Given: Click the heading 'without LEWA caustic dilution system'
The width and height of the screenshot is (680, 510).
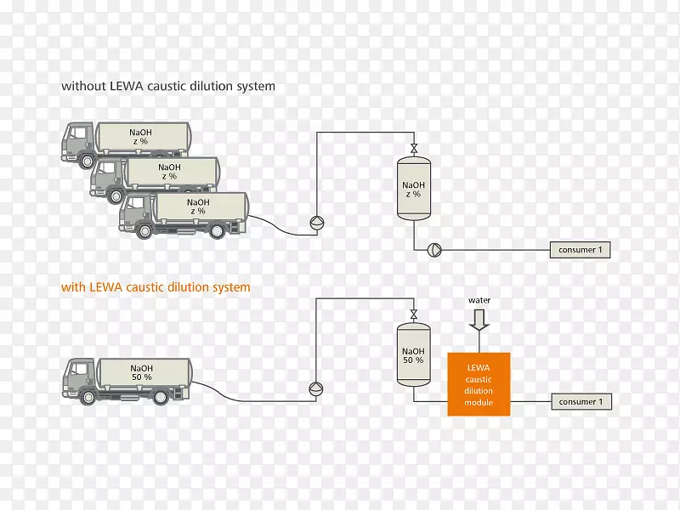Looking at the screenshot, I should tap(167, 86).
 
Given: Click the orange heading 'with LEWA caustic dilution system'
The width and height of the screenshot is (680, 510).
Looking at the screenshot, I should tap(156, 287).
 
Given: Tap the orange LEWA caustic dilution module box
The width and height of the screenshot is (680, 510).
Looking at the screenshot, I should tap(479, 384).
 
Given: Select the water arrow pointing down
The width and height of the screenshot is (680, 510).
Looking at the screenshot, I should tap(479, 319).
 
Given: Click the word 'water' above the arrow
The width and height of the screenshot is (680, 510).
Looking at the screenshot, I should tap(479, 300).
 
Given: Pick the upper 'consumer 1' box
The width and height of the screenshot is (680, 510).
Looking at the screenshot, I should tap(580, 250).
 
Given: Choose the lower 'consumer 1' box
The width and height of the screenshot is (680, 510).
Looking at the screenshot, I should tap(580, 401).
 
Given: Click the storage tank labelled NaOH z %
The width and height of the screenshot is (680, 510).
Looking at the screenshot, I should tap(413, 189).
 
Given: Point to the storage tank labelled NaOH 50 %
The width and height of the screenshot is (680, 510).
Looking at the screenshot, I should tap(413, 355).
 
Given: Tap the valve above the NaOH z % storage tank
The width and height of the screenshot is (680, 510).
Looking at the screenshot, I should tap(413, 148).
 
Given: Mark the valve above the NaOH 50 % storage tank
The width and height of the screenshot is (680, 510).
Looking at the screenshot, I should tap(413, 314).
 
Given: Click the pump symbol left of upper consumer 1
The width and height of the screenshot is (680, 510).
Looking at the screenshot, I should tap(434, 250).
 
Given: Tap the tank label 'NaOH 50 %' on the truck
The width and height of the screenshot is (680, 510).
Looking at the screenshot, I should tap(141, 371).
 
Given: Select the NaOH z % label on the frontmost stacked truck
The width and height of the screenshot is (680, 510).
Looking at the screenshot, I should tap(198, 207).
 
